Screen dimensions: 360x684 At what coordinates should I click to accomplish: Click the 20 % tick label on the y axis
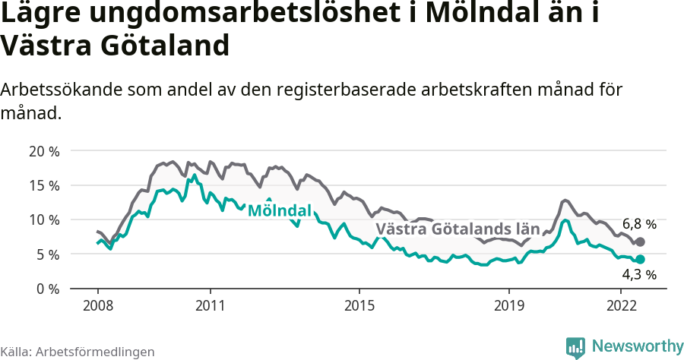click(x=44, y=151)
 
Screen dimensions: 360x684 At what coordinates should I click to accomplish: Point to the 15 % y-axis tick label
click(x=44, y=185)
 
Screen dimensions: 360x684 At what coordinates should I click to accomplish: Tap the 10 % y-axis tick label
click(x=44, y=219)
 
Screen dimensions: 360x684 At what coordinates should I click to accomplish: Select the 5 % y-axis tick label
click(x=48, y=254)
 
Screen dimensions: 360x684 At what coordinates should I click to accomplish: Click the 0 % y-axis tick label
click(x=48, y=289)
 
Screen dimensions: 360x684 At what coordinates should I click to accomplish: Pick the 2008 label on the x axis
click(x=98, y=306)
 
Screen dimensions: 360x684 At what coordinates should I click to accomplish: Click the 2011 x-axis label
click(x=209, y=306)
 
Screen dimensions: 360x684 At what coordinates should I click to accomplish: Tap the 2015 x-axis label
click(x=359, y=306)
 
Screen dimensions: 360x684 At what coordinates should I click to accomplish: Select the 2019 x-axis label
click(x=508, y=306)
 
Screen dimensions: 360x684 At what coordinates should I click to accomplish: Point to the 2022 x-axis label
click(x=620, y=306)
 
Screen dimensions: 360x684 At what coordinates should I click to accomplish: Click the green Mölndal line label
click(x=280, y=210)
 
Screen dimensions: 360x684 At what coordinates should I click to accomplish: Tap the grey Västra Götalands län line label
click(x=458, y=229)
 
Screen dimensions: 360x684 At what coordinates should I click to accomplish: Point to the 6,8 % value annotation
click(x=639, y=224)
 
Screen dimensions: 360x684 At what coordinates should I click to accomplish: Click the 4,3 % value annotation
click(x=639, y=274)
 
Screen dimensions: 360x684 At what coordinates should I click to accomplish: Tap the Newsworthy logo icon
click(x=575, y=347)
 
